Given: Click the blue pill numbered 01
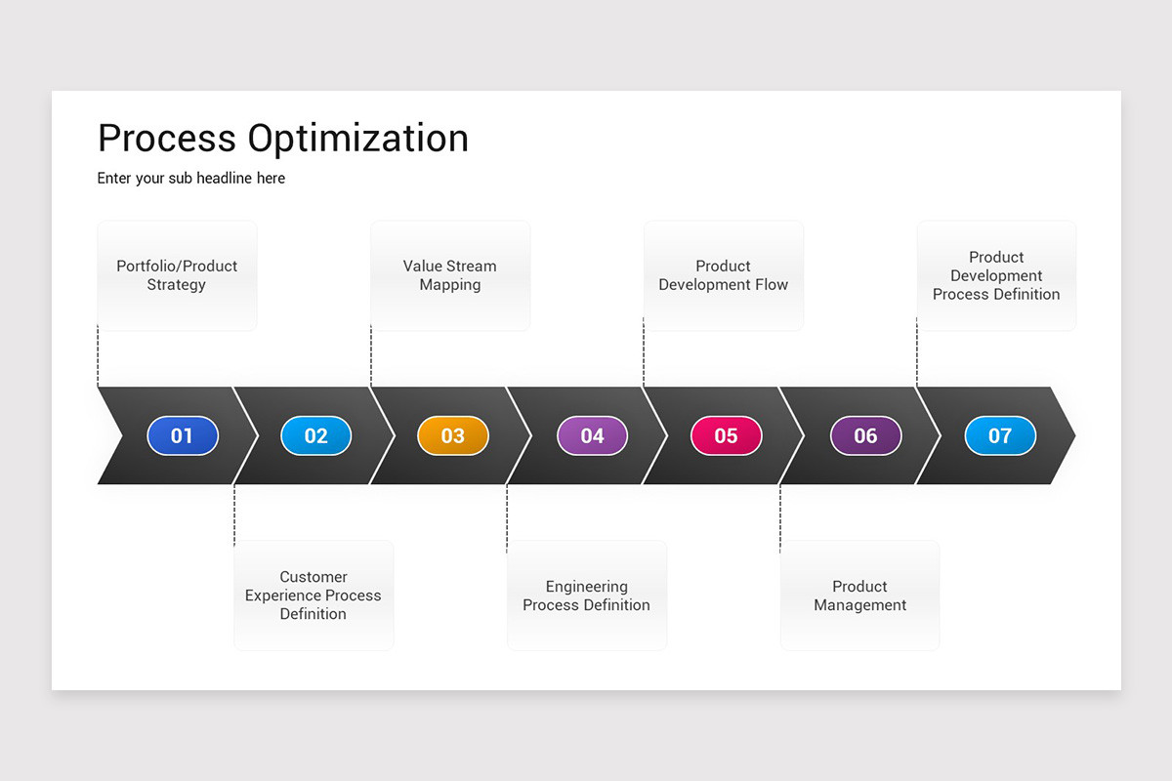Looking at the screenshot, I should point(183,435).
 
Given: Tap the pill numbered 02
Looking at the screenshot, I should point(315,435).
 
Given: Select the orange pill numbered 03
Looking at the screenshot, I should point(452,435).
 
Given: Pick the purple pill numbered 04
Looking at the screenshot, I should point(592,435).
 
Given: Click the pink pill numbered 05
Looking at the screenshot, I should point(726,435).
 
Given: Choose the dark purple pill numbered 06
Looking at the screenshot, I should point(865,435).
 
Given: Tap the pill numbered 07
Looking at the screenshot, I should point(1000,435).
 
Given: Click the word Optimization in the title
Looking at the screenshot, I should point(357,140).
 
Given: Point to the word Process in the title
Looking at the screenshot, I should point(167,140).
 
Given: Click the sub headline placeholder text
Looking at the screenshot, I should point(191,179).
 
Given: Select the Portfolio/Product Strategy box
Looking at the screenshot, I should point(177,275).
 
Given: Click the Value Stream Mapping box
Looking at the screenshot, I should point(450,275).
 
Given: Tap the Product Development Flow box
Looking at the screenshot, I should point(724,275).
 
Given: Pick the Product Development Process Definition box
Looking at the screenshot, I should point(996,275).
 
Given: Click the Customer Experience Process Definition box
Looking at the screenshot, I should point(314,596).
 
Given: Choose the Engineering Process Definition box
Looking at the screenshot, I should point(586,596).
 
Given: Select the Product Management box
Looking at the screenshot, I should point(859,596).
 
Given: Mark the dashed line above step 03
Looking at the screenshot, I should point(371,356).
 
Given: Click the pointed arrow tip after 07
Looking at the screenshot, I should point(1066,435).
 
